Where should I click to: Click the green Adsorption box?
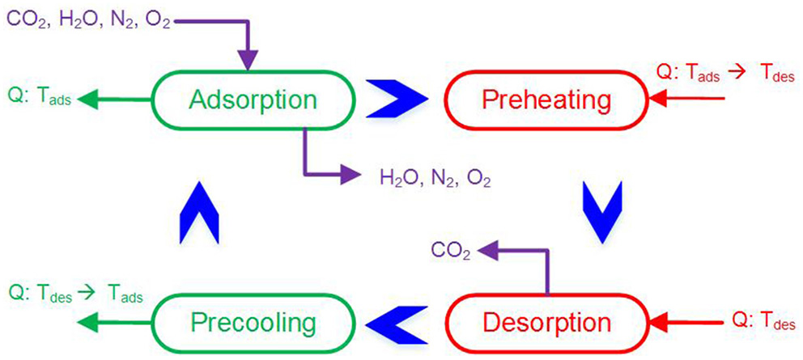253,100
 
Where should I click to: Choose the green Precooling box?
253,322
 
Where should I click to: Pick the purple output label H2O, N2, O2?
435,176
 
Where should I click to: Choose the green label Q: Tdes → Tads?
74,296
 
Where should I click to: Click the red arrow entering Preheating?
688,100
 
